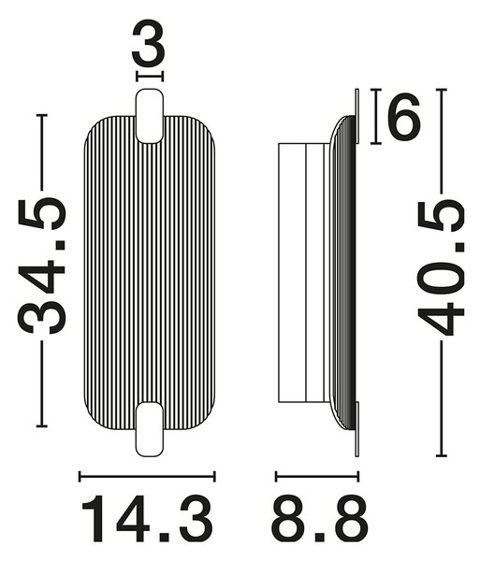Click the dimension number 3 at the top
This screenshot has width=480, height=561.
coord(148,44)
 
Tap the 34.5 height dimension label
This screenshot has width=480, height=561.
coord(42,266)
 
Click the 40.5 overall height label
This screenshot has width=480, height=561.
coord(441,268)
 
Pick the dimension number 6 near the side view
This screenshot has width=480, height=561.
coord(404,116)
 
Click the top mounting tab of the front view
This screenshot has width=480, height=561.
coord(150,116)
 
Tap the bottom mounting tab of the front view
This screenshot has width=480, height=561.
coord(150,429)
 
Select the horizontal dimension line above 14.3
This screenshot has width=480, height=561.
coord(147,476)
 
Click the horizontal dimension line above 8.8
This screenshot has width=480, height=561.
coord(317,476)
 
